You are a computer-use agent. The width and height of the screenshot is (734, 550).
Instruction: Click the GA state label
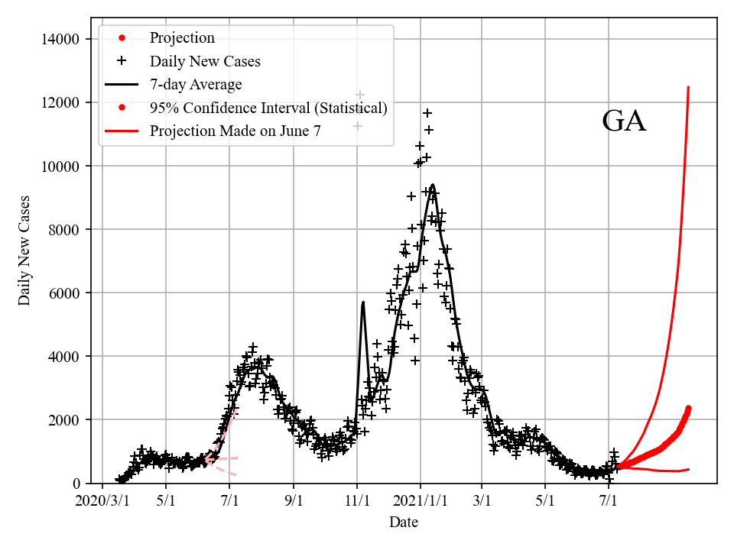coord(624,121)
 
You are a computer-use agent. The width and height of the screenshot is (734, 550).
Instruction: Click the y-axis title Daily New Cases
coord(25,251)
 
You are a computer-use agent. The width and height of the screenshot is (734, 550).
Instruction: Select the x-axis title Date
coord(403,522)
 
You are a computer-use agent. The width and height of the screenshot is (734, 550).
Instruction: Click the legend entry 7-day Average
coord(196,84)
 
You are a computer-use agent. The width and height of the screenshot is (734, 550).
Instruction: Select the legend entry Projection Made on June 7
coord(235,131)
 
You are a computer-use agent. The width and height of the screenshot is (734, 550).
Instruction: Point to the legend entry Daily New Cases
coord(205,61)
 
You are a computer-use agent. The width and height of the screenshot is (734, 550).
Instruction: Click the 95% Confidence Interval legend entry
coord(268,108)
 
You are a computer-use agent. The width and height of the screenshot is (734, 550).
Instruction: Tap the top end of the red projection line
coord(688,87)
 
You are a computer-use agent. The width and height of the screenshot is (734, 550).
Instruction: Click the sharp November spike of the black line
coord(362,302)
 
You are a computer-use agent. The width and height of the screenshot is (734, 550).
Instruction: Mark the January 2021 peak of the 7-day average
coord(433,185)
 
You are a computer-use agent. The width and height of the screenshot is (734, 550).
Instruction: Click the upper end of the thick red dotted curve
coord(688,408)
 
